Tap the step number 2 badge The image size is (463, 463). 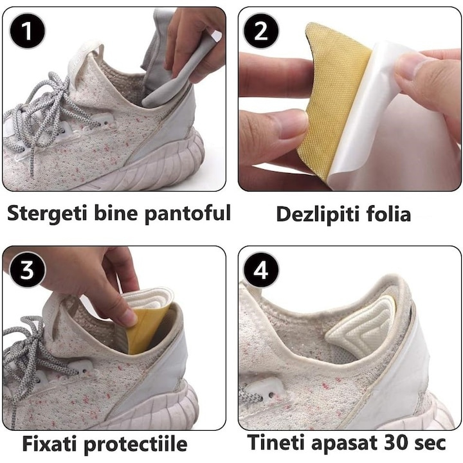[261, 30]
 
